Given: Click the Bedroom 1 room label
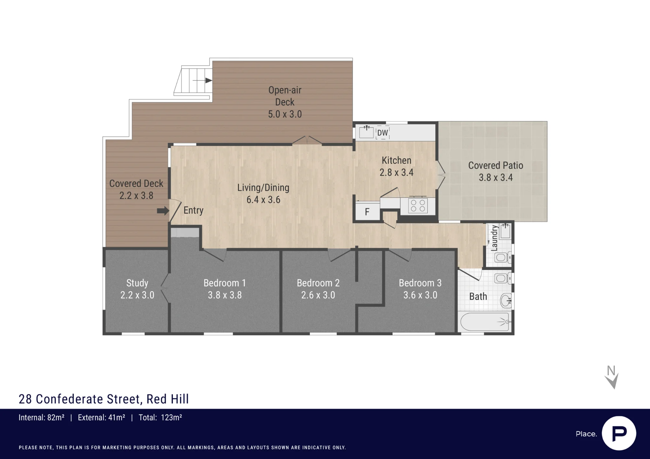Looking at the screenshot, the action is [225, 283].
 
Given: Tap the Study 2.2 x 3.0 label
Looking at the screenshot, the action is [137, 289].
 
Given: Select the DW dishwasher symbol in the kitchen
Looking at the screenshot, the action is [383, 133].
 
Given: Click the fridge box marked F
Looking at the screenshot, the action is [367, 212].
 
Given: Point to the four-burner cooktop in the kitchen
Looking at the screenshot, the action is [418, 205].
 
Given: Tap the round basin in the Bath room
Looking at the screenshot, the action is [506, 301].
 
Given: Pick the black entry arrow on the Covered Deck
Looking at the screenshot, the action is [163, 211].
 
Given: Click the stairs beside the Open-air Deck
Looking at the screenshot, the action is [193, 81].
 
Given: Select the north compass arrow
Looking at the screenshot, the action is [612, 380].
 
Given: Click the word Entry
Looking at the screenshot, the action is [193, 210].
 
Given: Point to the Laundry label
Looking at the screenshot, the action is [494, 238].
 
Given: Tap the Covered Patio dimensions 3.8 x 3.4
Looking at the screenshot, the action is [496, 178].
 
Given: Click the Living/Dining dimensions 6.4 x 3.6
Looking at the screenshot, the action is [263, 200].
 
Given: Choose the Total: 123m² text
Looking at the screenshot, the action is [160, 417].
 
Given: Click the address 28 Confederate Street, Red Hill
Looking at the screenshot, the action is [104, 399].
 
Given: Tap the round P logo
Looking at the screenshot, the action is [619, 433].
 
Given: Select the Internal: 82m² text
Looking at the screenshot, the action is [41, 417].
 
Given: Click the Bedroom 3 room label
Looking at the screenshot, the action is [420, 283].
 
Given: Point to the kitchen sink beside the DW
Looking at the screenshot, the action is [366, 132].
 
